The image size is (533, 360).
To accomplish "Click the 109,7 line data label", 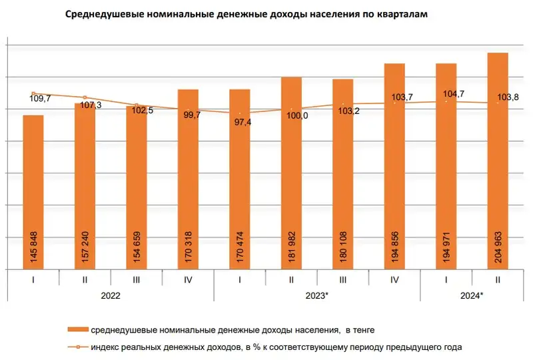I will (41, 99).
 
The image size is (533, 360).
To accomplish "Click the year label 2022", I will (111, 295).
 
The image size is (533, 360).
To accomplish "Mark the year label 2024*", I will (473, 295).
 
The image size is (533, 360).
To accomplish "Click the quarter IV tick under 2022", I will (188, 280).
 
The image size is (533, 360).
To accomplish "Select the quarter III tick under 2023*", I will (343, 280).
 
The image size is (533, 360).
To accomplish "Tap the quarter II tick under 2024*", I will (498, 280).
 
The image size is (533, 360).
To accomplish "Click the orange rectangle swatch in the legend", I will (78, 329).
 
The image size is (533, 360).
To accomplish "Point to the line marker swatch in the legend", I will (78, 347).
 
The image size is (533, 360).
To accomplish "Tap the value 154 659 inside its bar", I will (137, 246).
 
